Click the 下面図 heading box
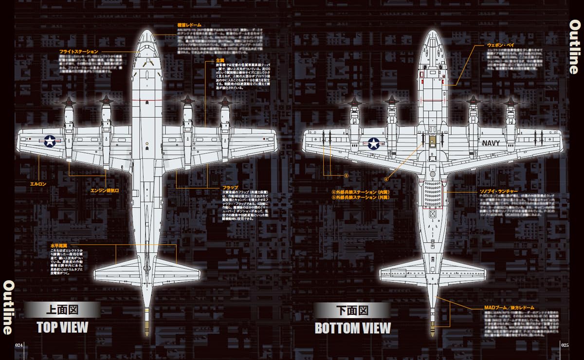click(352, 310)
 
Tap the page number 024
click(20, 345)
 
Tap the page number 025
click(564, 345)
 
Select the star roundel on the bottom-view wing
click(373, 144)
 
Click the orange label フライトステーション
click(79, 51)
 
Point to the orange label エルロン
click(38, 184)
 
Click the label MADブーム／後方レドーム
click(509, 307)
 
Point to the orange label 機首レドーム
click(189, 24)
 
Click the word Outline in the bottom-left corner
click(8, 307)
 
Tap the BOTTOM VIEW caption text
click(353, 328)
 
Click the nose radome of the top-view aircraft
click(146, 39)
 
